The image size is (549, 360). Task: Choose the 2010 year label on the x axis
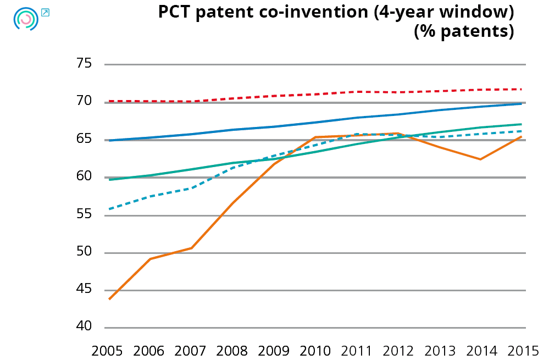pos(315,350)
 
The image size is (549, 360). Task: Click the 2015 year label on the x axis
pos(522,350)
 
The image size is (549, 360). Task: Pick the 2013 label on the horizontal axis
pos(439,350)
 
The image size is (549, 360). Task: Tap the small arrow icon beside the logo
pos(46,12)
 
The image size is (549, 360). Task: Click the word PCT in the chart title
pos(174,12)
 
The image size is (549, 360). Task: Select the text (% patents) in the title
pos(464,32)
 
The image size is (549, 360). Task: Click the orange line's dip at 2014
pos(480,159)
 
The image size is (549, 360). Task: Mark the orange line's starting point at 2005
pos(109,299)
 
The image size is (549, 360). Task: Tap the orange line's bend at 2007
pos(191,248)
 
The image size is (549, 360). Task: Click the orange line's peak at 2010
pos(315,137)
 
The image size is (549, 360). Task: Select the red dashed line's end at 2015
pos(521,89)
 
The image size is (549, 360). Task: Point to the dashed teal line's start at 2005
pos(109,209)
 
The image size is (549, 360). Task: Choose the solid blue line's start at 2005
pos(109,141)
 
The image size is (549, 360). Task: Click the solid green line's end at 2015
pos(521,124)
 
